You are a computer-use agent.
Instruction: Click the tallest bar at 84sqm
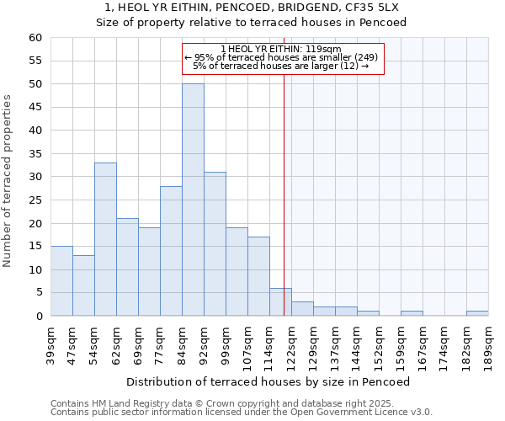tap(193, 200)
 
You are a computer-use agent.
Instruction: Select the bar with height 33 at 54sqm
tap(105, 239)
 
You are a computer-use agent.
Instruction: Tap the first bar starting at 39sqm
tap(61, 281)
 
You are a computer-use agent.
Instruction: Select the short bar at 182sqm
tap(477, 313)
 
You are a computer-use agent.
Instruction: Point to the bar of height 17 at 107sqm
tap(258, 276)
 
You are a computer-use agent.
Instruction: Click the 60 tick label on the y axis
tap(35, 38)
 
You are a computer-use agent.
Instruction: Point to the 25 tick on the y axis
tap(35, 200)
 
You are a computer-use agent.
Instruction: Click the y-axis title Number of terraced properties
tap(8, 181)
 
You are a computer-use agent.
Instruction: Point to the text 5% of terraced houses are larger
tap(281, 66)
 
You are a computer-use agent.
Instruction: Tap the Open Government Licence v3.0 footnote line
tap(242, 412)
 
